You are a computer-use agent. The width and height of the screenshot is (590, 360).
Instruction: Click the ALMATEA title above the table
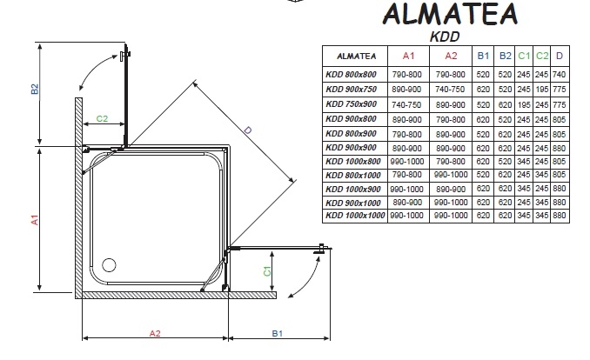click(451, 14)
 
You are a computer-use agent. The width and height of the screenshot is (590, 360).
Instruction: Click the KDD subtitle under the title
click(445, 37)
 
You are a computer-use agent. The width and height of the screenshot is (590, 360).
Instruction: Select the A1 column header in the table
click(408, 56)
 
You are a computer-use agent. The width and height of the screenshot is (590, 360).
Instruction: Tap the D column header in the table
click(560, 56)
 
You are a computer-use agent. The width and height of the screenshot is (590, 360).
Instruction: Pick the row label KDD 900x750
click(351, 90)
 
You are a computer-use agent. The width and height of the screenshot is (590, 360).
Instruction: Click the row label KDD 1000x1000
click(355, 216)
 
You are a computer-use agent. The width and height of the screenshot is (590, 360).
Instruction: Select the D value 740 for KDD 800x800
click(560, 75)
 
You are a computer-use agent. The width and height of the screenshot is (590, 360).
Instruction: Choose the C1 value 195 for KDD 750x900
click(523, 105)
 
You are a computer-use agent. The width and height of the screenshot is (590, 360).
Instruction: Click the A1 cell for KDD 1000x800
click(407, 162)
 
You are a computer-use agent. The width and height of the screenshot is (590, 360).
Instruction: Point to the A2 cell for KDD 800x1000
click(451, 175)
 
